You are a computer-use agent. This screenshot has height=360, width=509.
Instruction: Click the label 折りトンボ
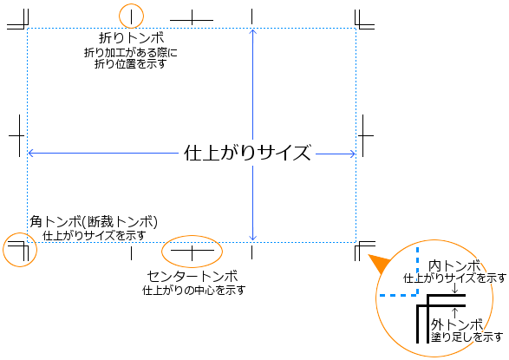tap(132, 38)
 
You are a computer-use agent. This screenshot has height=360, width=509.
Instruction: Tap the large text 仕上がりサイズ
tap(247, 153)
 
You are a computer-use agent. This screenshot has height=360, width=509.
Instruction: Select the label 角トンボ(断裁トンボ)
tap(94, 222)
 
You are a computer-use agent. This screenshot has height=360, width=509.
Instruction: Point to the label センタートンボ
tap(193, 276)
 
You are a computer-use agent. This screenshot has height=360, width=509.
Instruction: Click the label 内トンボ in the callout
tap(454, 265)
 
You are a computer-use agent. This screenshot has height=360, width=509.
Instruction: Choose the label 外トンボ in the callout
tap(457, 324)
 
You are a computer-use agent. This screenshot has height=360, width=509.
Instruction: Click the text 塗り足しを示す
tap(467, 337)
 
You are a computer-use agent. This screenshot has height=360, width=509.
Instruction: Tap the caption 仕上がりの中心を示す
tap(193, 290)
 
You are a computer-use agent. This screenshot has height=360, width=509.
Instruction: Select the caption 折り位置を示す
tap(130, 63)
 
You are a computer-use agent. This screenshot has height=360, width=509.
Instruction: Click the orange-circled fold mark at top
tap(132, 16)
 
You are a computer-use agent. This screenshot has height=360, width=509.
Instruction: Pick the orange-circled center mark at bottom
tap(193, 251)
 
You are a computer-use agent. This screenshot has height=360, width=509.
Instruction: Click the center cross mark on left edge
tap(19, 135)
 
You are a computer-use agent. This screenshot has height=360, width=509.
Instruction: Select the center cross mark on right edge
tap(363, 135)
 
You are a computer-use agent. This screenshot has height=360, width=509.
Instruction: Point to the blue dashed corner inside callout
tap(417, 295)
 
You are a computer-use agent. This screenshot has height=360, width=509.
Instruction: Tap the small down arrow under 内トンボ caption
tap(455, 288)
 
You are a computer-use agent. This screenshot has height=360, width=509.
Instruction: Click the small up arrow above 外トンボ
tap(455, 312)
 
